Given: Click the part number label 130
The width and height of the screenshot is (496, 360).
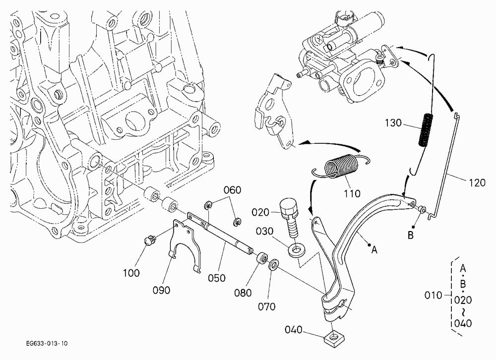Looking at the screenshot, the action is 393,123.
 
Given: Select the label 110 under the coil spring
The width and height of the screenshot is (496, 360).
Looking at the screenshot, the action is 352,193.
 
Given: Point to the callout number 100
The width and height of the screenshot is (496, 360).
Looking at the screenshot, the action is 131,273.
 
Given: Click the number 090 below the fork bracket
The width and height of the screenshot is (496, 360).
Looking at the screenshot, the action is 161,290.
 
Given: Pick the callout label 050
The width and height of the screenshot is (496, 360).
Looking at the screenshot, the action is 217,278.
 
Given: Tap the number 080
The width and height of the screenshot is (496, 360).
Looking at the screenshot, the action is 243,293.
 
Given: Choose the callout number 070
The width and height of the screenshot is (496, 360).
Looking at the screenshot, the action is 267,306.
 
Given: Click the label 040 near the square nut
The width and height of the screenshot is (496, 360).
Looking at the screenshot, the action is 294,330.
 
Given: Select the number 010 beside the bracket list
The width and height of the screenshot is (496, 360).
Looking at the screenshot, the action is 433,295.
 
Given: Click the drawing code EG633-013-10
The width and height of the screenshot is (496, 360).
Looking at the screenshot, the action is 47,343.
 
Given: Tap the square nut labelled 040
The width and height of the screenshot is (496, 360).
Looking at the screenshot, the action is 334,339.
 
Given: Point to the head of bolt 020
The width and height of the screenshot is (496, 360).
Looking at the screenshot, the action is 289,206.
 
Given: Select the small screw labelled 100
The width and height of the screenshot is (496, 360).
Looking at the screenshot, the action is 149,240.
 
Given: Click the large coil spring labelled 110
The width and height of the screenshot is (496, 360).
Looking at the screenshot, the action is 341,166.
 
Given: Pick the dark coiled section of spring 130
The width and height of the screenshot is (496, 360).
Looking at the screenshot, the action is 426,129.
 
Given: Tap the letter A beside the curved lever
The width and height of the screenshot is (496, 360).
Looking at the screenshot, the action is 374,250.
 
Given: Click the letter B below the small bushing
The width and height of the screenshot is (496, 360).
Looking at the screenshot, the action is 410,236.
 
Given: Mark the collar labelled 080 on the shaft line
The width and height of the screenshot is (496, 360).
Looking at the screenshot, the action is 261,258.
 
